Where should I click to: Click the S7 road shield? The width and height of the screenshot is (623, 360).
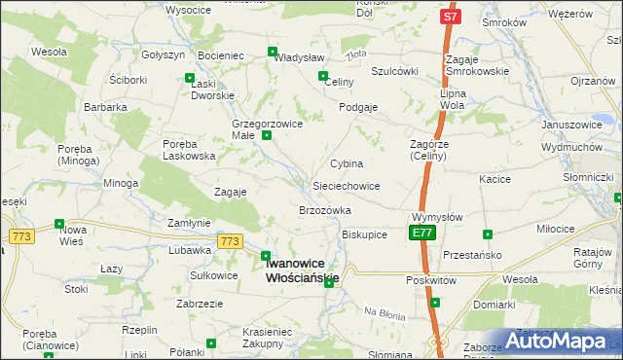(x=449, y=18)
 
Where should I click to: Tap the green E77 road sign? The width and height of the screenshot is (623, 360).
(x=421, y=234)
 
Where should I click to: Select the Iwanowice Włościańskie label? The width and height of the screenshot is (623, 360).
(x=302, y=270)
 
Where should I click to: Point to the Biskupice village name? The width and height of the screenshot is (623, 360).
(x=365, y=234)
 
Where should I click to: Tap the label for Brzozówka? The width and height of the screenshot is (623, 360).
(x=324, y=210)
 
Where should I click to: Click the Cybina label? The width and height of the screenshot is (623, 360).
(x=347, y=163)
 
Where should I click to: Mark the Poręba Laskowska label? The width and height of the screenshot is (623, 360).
(x=189, y=150)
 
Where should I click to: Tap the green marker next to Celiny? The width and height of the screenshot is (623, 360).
(x=322, y=75)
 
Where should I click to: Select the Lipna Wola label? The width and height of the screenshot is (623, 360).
(x=453, y=98)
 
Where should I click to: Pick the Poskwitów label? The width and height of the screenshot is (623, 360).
(x=433, y=278)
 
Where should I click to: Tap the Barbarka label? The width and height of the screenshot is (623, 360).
(x=105, y=107)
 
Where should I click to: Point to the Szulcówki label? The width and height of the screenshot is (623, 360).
(x=394, y=71)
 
